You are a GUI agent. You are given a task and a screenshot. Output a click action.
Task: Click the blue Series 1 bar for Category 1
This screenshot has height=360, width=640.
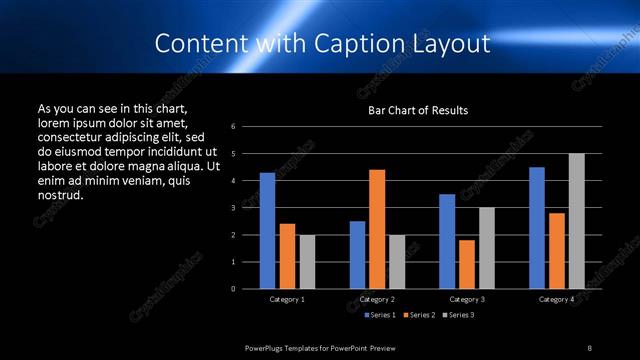[267, 231]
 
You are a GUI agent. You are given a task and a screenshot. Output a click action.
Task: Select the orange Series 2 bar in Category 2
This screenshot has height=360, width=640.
[377, 229]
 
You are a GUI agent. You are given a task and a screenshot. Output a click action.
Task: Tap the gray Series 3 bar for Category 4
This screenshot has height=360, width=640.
[576, 221]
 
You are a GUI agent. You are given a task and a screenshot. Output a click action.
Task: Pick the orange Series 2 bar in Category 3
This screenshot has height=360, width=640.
[467, 264]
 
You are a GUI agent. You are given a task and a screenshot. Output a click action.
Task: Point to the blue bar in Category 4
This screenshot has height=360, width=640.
[537, 228]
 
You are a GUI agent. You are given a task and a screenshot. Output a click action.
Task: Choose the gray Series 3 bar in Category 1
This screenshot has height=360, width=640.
[307, 262]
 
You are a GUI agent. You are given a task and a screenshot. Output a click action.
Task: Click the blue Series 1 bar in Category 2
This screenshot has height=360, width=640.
[357, 255]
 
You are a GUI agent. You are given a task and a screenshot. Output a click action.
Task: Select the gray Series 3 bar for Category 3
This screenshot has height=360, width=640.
[487, 248]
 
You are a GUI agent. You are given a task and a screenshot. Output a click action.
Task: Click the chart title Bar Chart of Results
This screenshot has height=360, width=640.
[418, 110]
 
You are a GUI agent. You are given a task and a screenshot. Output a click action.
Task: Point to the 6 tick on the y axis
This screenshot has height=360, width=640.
[232, 127]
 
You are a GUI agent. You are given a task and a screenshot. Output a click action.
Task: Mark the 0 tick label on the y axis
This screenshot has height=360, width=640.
[232, 289]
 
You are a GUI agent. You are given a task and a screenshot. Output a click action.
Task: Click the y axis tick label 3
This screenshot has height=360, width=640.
[232, 208]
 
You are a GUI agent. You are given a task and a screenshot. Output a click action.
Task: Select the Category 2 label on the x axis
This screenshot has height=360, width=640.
[377, 299]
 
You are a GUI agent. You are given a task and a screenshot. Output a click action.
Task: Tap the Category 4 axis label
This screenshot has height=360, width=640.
[556, 299]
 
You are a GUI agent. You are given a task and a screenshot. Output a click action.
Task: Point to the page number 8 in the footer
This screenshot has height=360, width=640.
[589, 348]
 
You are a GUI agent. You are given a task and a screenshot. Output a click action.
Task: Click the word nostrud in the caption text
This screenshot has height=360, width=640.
[60, 194]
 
